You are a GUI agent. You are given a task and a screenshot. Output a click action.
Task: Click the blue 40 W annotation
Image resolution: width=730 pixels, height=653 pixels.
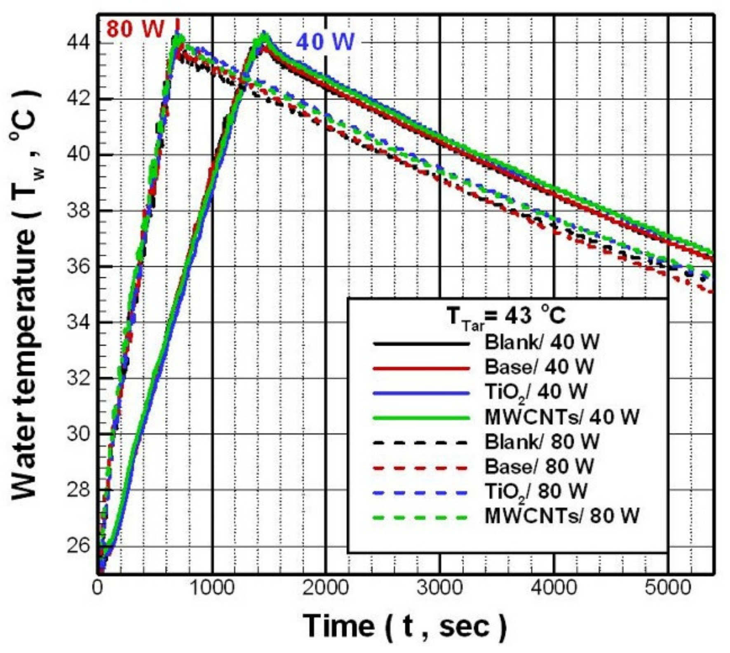tap(325, 42)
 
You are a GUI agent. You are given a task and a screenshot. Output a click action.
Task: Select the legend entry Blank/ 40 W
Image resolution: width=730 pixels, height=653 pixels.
tap(542, 342)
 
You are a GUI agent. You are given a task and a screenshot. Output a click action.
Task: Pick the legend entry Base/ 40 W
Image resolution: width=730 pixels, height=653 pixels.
tap(539, 367)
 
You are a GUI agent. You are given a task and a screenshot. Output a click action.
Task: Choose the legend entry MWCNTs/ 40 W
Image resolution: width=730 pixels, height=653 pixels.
tap(561, 417)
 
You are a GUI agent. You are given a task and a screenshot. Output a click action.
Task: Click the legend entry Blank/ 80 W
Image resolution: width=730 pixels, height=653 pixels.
tap(542, 442)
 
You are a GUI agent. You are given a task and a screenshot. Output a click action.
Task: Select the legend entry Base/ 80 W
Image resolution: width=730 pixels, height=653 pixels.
tap(539, 466)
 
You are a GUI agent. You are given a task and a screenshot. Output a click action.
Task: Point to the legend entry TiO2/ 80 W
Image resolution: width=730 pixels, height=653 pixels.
tap(535, 491)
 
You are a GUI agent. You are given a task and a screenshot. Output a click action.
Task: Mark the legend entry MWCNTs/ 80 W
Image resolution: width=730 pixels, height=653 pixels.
tap(561, 516)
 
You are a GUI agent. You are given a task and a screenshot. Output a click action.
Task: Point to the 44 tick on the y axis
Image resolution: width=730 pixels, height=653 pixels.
tap(78, 43)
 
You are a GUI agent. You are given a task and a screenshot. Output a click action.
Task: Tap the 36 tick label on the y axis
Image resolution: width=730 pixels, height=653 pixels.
tap(78, 267)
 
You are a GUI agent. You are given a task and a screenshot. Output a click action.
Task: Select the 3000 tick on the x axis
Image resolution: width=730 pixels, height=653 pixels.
tap(440, 587)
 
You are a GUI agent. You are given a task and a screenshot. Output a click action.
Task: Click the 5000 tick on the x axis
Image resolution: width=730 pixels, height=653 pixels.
tap(668, 587)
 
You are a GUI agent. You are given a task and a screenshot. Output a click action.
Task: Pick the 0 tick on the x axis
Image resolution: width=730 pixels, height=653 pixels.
tap(98, 587)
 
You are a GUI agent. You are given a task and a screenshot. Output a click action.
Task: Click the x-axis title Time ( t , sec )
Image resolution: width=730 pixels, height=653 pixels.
tap(404, 626)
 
